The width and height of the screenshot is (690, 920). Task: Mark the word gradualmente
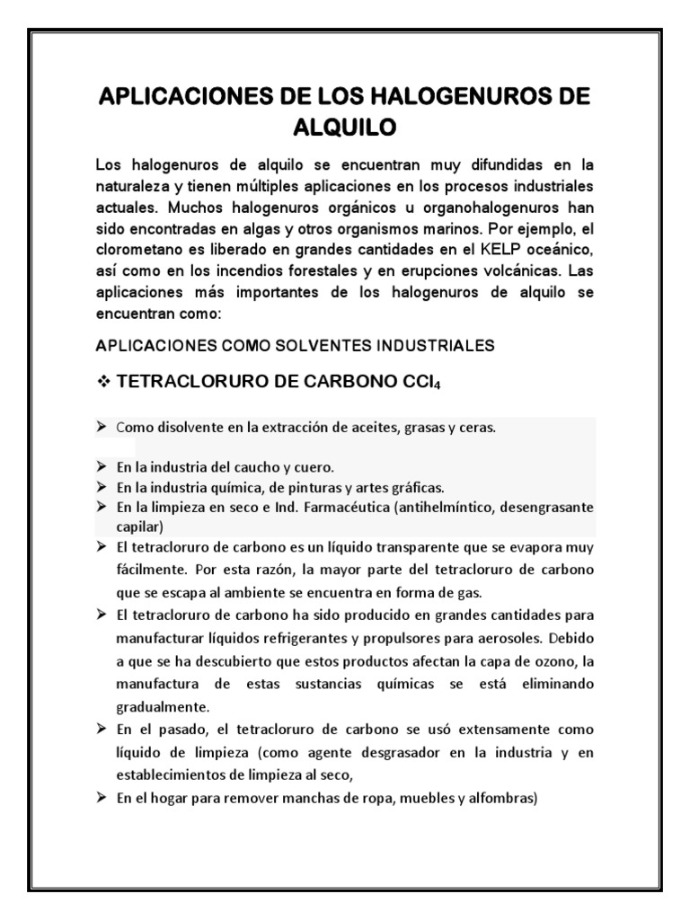click(161, 705)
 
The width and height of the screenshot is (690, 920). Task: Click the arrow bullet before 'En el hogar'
click(102, 794)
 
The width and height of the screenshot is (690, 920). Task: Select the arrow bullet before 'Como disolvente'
click(102, 428)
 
